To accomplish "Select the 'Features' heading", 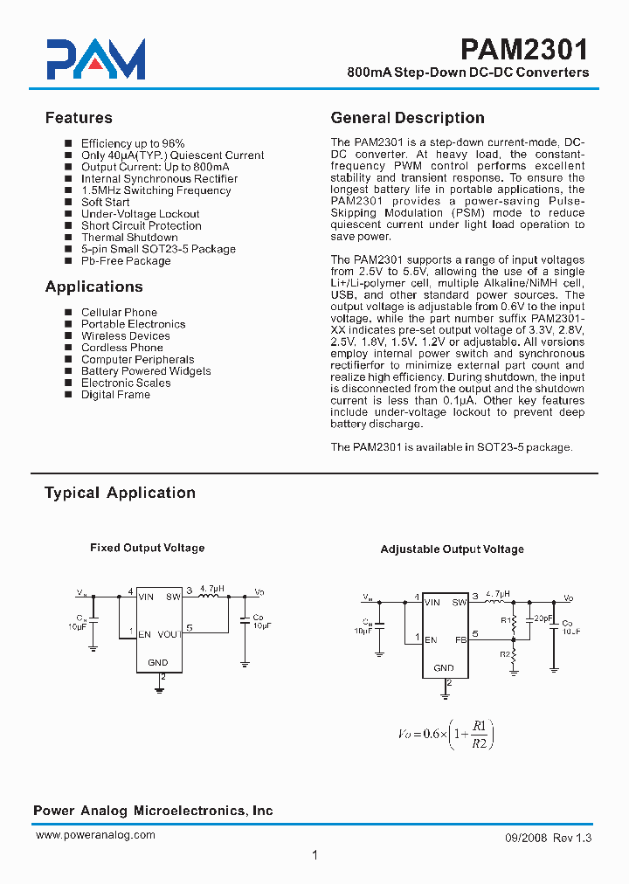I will coord(79,118).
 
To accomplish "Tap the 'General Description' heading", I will coord(407,118).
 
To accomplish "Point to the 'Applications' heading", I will coord(93,287).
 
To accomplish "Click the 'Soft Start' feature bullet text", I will coord(105,202).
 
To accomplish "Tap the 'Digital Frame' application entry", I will coord(115,395).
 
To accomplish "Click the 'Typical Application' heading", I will coord(120,493).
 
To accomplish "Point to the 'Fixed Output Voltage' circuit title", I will coord(147,548).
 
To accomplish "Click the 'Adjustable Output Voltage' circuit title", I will coord(452,549).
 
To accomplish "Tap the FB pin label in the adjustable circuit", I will coord(461,639).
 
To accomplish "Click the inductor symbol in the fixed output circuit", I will coord(211,597).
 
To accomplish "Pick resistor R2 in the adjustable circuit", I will coord(514,653).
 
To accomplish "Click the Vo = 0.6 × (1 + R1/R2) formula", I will coord(446,734).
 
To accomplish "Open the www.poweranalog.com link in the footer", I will coord(95,835).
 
